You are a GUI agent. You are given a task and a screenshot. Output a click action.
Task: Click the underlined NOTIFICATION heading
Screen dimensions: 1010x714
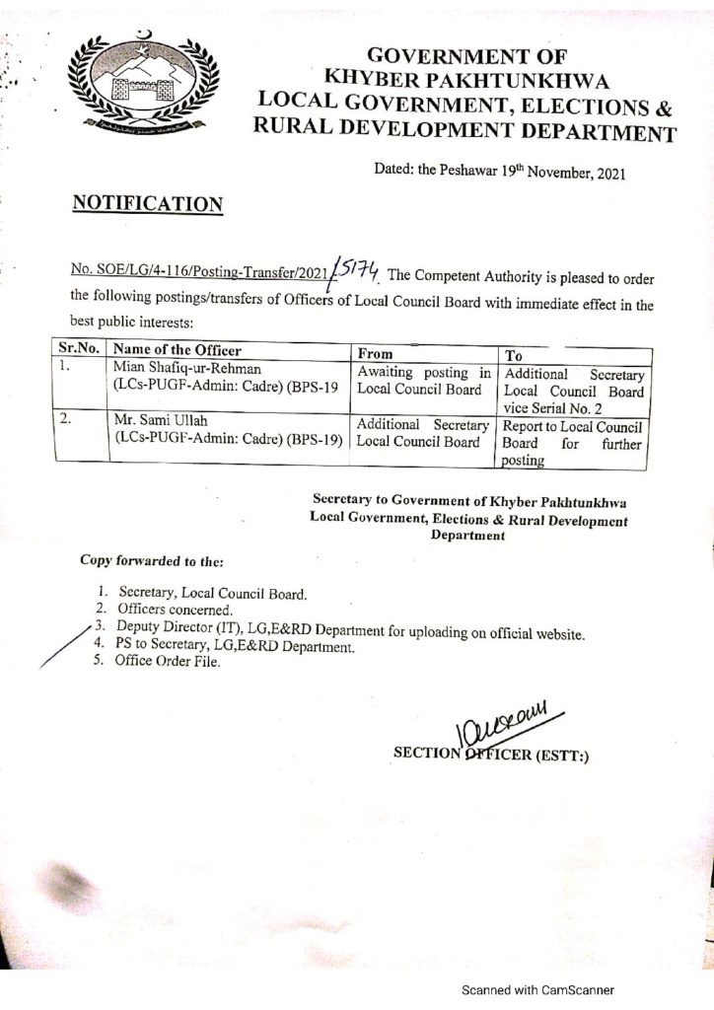click(148, 204)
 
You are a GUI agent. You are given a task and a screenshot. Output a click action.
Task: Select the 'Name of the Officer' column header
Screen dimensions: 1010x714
click(178, 350)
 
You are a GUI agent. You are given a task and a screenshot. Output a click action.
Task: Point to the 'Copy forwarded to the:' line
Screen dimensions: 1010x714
click(152, 561)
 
